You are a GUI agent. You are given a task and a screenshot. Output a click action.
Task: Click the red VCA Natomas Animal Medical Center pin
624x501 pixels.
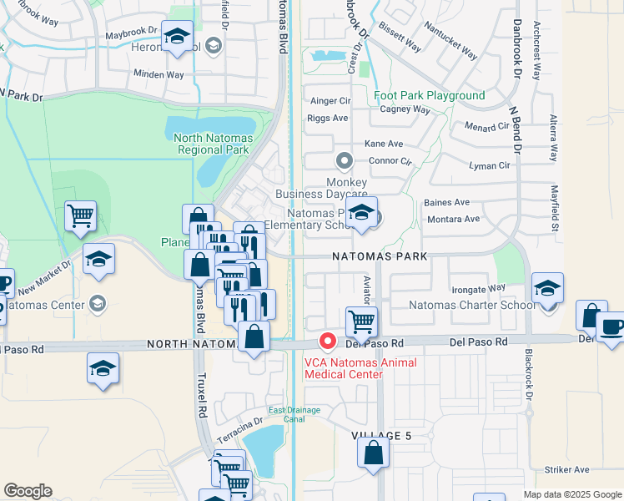(x=329, y=342)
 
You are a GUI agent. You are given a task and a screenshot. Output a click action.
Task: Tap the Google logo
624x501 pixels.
(x=28, y=491)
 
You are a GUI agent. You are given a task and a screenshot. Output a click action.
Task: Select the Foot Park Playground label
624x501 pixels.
(x=430, y=96)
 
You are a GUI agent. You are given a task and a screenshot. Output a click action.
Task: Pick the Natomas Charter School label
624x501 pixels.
(x=471, y=305)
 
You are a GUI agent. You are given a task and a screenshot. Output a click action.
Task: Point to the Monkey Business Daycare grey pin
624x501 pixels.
(x=344, y=159)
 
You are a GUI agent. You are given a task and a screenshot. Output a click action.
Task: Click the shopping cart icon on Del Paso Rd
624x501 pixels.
(x=361, y=320)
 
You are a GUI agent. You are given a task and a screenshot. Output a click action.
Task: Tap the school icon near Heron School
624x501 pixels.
(x=177, y=37)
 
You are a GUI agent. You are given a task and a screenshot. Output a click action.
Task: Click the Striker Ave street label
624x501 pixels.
(x=566, y=470)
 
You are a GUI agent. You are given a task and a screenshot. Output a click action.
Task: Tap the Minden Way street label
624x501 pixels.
(x=159, y=74)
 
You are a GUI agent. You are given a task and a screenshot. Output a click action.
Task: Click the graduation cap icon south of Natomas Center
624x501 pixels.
(x=103, y=368)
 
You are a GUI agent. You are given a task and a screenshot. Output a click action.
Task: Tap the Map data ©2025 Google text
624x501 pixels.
(x=571, y=494)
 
